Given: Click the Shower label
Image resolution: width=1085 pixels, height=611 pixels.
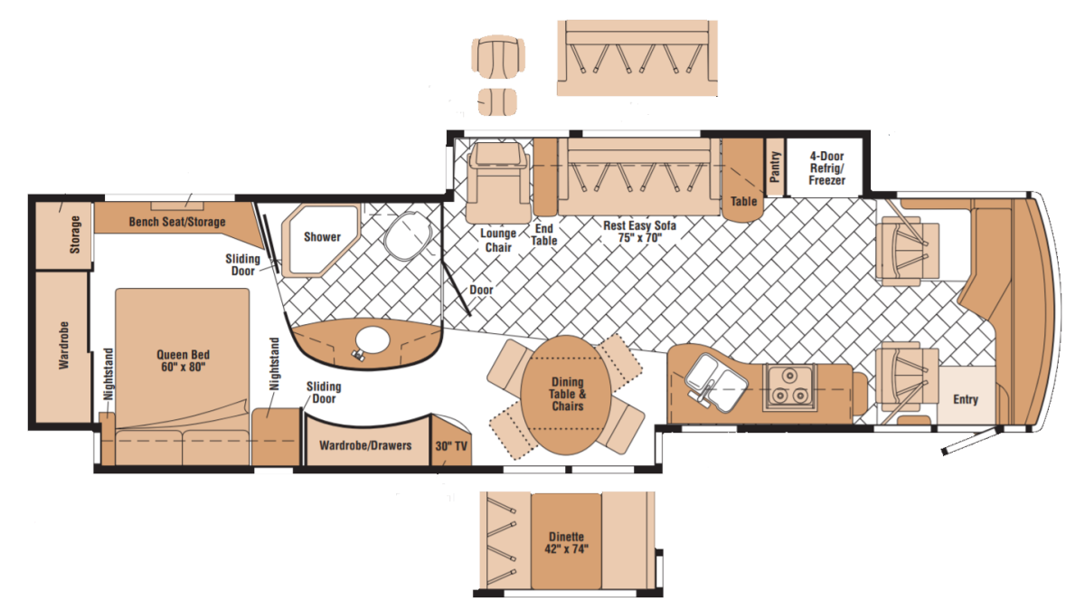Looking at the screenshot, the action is [322, 237].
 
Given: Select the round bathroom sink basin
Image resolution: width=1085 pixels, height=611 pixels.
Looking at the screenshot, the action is [373, 340].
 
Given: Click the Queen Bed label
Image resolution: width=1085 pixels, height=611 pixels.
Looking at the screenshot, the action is [183, 361].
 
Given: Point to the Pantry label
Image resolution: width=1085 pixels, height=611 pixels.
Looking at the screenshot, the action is [775, 167].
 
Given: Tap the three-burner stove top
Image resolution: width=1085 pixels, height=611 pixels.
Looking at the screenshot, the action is [789, 387].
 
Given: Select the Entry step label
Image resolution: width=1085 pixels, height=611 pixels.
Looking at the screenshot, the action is [966, 399].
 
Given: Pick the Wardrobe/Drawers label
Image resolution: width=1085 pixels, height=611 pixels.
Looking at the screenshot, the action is [365, 445].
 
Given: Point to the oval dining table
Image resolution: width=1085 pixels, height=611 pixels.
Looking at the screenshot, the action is [566, 396].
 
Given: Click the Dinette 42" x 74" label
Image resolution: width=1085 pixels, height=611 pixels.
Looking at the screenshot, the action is [566, 542].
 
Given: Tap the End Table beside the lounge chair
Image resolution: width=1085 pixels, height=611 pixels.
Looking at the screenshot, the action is [545, 177].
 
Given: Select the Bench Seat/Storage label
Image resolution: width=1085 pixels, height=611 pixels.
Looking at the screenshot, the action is [177, 222].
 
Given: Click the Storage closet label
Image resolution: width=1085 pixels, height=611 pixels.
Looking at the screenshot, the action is [74, 234].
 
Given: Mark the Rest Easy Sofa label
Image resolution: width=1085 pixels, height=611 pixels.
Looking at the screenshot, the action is [639, 232].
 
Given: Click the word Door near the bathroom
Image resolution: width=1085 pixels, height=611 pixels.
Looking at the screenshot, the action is [481, 290].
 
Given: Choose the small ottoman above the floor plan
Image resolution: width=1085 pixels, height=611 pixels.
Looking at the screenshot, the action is [497, 101].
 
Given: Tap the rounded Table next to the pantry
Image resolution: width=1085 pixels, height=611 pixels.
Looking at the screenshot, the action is [743, 180].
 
